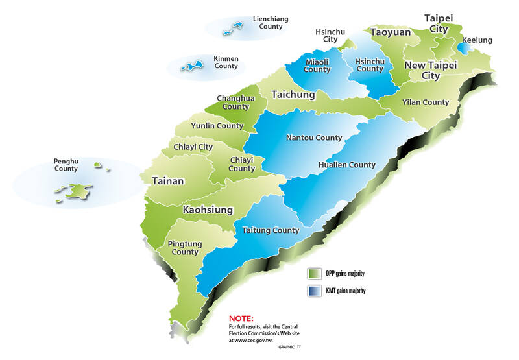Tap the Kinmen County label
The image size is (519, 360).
tap(226, 62)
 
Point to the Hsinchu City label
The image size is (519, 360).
tap(330, 35)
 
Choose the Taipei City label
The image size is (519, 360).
tap(436, 23)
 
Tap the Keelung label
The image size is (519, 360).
tap(477, 40)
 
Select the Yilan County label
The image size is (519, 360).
tap(426, 102)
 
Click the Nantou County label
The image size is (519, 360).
tap(314, 138)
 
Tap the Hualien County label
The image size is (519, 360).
tap(347, 165)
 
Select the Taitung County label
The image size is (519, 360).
tap(271, 230)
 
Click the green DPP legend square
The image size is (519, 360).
tap(315, 273)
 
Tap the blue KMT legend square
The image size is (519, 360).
tap(315, 291)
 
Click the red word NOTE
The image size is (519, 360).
tap(243, 319)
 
